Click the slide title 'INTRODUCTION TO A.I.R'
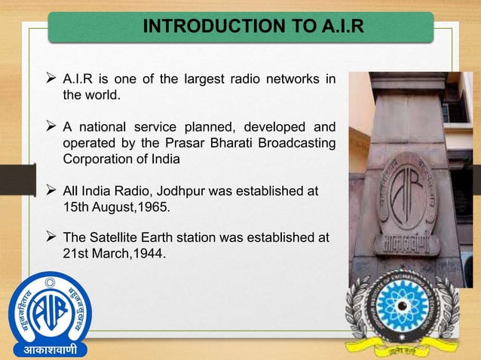pyautogui.click(x=253, y=28)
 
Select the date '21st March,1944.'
pyautogui.click(x=114, y=253)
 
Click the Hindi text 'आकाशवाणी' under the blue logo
pyautogui.click(x=49, y=350)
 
